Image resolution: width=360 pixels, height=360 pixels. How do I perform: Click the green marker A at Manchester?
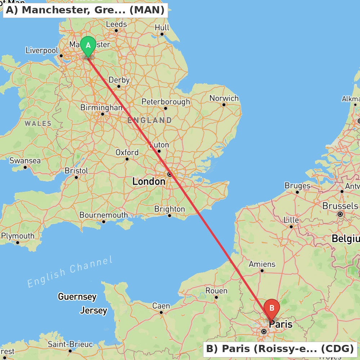(x=88, y=46)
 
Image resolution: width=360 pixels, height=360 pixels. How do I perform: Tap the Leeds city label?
(x=116, y=24)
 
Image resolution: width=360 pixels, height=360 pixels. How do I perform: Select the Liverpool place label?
(x=42, y=50)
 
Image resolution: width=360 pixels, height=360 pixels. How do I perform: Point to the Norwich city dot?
(x=224, y=105)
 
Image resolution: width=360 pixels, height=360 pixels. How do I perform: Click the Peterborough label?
(x=166, y=102)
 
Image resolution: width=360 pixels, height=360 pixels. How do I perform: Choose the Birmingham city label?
(x=102, y=108)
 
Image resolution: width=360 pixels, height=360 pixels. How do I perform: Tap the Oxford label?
(x=127, y=153)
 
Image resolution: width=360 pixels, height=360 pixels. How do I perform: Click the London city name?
(x=149, y=181)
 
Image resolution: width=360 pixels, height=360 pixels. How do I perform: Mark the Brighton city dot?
(x=169, y=216)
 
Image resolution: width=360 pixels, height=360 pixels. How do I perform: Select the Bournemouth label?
(x=104, y=215)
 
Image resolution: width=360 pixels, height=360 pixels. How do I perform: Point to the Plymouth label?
(x=18, y=236)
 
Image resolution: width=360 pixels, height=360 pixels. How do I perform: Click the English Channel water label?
(x=70, y=272)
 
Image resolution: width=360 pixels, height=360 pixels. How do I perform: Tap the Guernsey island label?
(x=77, y=297)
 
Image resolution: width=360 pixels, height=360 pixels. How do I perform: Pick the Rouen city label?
(x=216, y=291)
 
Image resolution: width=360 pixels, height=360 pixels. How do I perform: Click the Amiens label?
(x=262, y=264)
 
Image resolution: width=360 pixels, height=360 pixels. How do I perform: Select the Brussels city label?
(x=340, y=206)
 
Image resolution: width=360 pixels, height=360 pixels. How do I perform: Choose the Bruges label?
(x=297, y=186)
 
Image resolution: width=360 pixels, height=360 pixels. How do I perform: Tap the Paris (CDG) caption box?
(x=280, y=349)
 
